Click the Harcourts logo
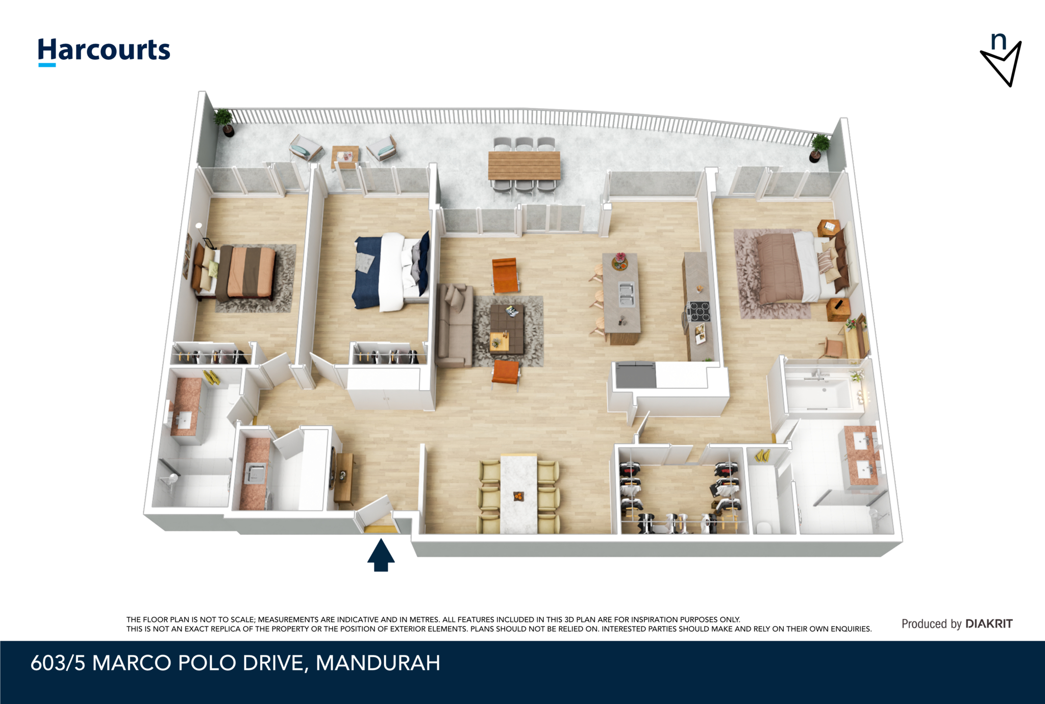104,52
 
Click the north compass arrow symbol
1001,60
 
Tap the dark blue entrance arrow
381,555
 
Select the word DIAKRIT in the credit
989,623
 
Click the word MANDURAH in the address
378,663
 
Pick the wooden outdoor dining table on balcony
524,165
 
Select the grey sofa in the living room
455,325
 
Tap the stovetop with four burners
698,311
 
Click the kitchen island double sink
626,294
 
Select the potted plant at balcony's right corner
818,147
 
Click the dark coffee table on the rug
507,329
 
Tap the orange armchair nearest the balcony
505,275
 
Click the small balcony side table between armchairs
345,157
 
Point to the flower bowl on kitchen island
619,261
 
